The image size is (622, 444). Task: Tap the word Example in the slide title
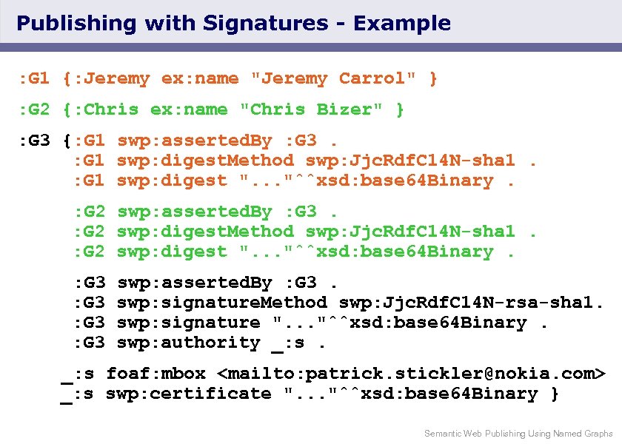[x=402, y=24]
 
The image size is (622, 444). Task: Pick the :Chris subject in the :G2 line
[x=106, y=110]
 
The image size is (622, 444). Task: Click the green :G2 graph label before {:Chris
[x=34, y=110]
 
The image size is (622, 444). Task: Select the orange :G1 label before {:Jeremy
[x=34, y=78]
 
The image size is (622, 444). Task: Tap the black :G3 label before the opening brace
[x=34, y=141]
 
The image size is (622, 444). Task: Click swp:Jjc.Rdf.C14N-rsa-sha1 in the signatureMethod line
[x=472, y=303]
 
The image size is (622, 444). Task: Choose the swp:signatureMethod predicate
[x=222, y=303]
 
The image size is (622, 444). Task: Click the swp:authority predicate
[x=189, y=343]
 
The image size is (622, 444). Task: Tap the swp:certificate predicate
[x=189, y=394]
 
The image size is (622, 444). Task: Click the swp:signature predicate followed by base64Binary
[x=189, y=323]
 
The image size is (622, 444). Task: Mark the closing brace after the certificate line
[x=555, y=394]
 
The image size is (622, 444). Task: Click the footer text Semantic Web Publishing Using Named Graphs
[x=518, y=434]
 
